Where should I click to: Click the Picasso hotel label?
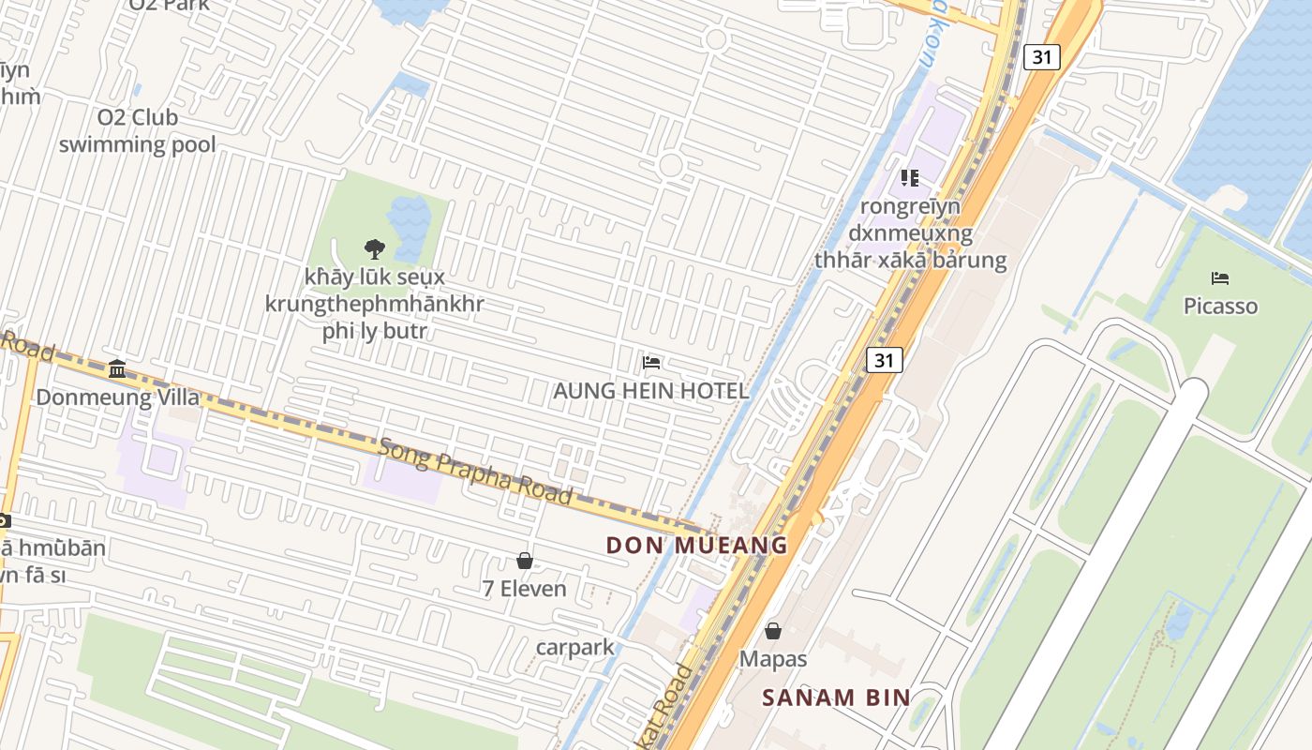(x=1220, y=307)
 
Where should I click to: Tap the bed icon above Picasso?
(x=1220, y=278)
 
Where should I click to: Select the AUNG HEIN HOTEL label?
(x=651, y=391)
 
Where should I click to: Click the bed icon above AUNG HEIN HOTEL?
(x=651, y=363)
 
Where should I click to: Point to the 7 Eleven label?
(x=525, y=589)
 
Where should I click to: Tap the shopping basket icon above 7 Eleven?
(x=525, y=561)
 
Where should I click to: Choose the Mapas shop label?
(x=773, y=659)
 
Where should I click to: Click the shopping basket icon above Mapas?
(x=773, y=631)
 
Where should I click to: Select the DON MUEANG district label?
(x=696, y=545)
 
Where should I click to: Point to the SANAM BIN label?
(x=836, y=697)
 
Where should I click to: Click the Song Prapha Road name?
(x=475, y=471)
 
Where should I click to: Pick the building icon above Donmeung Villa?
(x=117, y=368)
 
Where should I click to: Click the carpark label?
(x=575, y=647)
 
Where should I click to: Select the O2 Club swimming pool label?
(x=138, y=131)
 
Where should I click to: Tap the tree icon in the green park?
(x=375, y=248)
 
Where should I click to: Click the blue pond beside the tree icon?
(x=410, y=225)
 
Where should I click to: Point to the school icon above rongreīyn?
(x=909, y=177)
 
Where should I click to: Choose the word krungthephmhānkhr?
(x=375, y=305)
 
